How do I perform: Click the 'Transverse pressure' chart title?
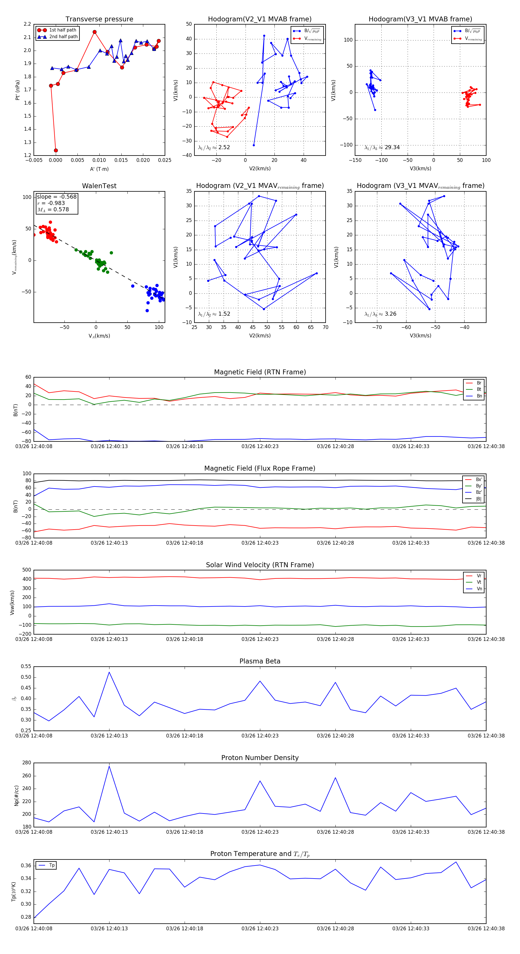[x=99, y=19]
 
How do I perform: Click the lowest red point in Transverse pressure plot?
[x=56, y=150]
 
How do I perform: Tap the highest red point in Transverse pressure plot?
[x=95, y=32]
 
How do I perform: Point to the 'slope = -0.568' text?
[x=57, y=197]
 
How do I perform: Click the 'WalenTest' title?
[x=99, y=186]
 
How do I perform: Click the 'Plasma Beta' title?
[x=260, y=661]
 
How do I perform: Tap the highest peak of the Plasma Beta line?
[x=109, y=672]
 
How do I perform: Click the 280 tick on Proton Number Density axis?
[x=27, y=763]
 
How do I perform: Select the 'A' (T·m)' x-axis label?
[x=99, y=169]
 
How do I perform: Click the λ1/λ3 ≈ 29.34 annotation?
[x=382, y=147]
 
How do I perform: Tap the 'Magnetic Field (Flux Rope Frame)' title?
[x=260, y=469]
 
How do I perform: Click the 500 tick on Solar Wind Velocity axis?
[x=27, y=570]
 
